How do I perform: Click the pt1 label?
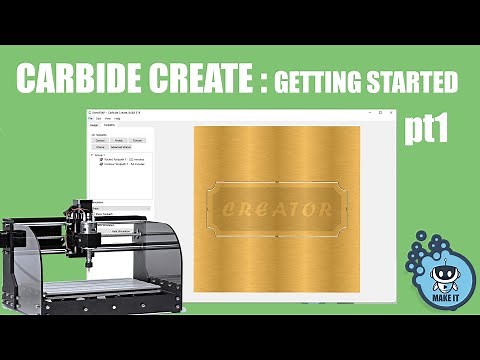427,130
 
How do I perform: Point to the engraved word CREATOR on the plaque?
276,209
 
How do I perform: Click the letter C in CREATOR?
229,209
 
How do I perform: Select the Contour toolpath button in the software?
100,141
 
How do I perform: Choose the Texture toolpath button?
139,141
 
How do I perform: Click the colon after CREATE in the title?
263,79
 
